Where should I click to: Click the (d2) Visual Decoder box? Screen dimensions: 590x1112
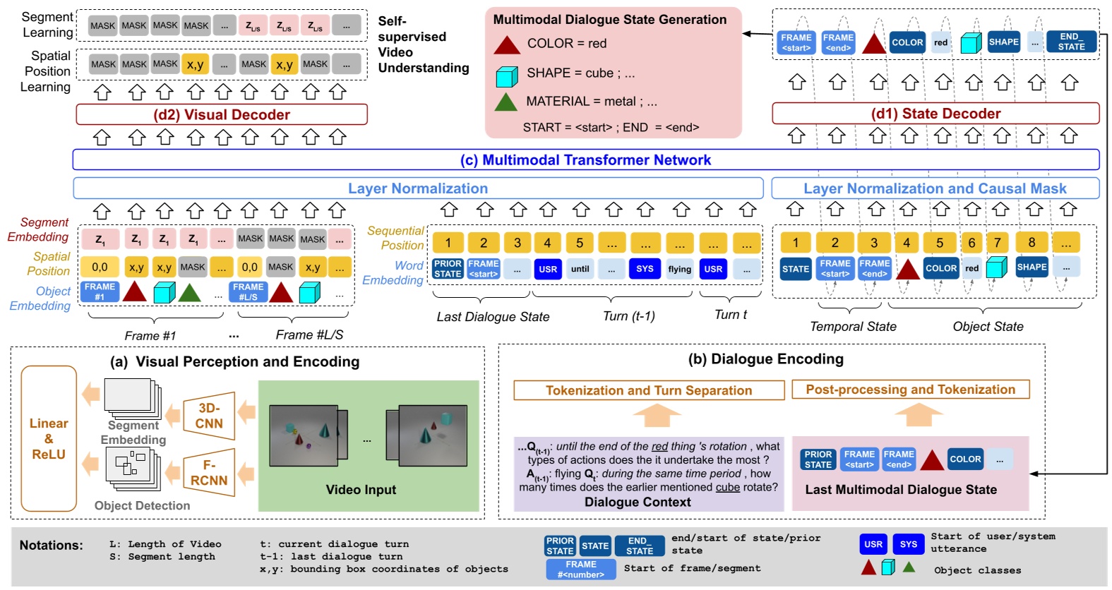tap(222, 114)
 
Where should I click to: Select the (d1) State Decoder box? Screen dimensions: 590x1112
tap(935, 114)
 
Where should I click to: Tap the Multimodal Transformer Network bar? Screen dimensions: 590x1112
tap(585, 160)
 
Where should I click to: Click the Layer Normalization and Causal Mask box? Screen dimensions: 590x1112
tap(935, 188)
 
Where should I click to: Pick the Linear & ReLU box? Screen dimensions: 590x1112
tap(49, 438)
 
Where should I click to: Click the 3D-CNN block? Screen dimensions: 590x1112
tap(209, 416)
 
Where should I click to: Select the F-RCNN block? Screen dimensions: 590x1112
tap(209, 473)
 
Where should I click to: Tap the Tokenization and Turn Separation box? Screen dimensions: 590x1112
tap(649, 390)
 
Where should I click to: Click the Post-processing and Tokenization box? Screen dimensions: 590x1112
tap(910, 390)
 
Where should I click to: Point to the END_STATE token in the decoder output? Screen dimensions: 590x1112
tap(1070, 42)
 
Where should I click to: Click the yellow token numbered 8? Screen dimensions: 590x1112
tap(1032, 243)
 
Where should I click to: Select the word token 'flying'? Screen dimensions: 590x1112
tap(679, 269)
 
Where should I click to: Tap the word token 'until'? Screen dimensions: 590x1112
tap(580, 269)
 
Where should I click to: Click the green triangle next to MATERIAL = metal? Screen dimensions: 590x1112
tap(506, 102)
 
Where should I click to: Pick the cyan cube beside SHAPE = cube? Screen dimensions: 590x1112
tap(506, 74)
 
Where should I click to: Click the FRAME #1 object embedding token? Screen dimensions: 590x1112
tap(100, 291)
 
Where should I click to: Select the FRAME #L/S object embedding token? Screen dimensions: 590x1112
tap(248, 291)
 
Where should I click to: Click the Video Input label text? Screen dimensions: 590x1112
tap(361, 490)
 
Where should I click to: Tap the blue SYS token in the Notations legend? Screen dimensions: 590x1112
tap(908, 544)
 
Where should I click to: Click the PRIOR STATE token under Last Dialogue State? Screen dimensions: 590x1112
tap(448, 269)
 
